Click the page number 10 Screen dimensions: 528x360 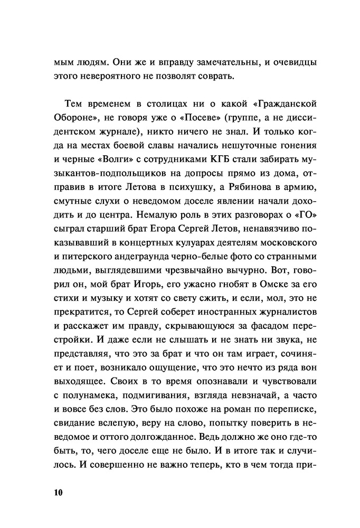pos(58,493)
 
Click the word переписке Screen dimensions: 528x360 pos(280,400)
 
